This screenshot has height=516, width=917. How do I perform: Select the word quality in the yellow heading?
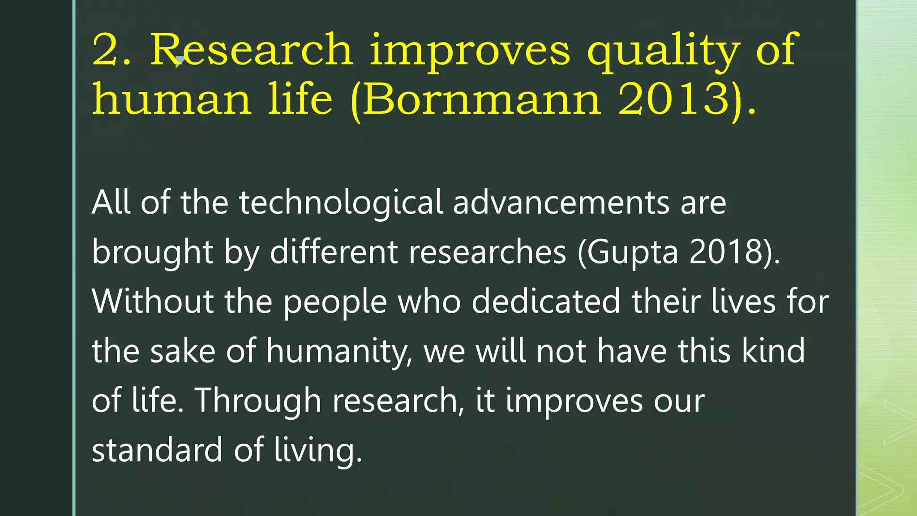(663, 50)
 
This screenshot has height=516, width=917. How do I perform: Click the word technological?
(341, 202)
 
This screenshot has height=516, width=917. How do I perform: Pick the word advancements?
(561, 202)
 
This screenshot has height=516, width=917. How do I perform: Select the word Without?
(153, 301)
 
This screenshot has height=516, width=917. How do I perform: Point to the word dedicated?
(546, 301)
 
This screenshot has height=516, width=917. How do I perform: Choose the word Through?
(258, 400)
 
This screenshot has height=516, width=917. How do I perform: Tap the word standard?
(157, 450)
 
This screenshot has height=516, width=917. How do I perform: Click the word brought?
(152, 253)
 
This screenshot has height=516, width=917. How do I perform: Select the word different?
(334, 252)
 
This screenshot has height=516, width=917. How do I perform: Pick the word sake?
(183, 351)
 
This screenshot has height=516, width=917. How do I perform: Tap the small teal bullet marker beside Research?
(179, 61)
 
